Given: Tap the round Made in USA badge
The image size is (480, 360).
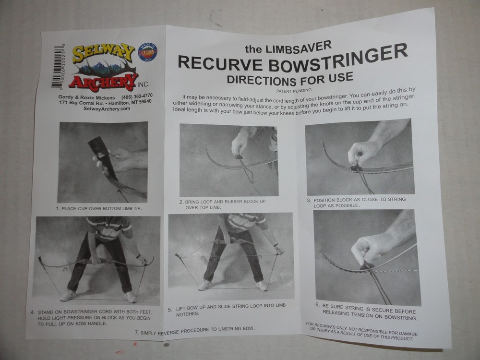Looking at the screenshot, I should (147, 52).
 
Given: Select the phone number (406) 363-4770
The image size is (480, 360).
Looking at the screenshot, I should (137, 96).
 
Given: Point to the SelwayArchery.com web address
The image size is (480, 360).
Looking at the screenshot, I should (107, 108).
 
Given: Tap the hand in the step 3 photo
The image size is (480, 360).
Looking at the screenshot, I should (362, 153).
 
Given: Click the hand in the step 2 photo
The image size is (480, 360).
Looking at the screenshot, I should (240, 144).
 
